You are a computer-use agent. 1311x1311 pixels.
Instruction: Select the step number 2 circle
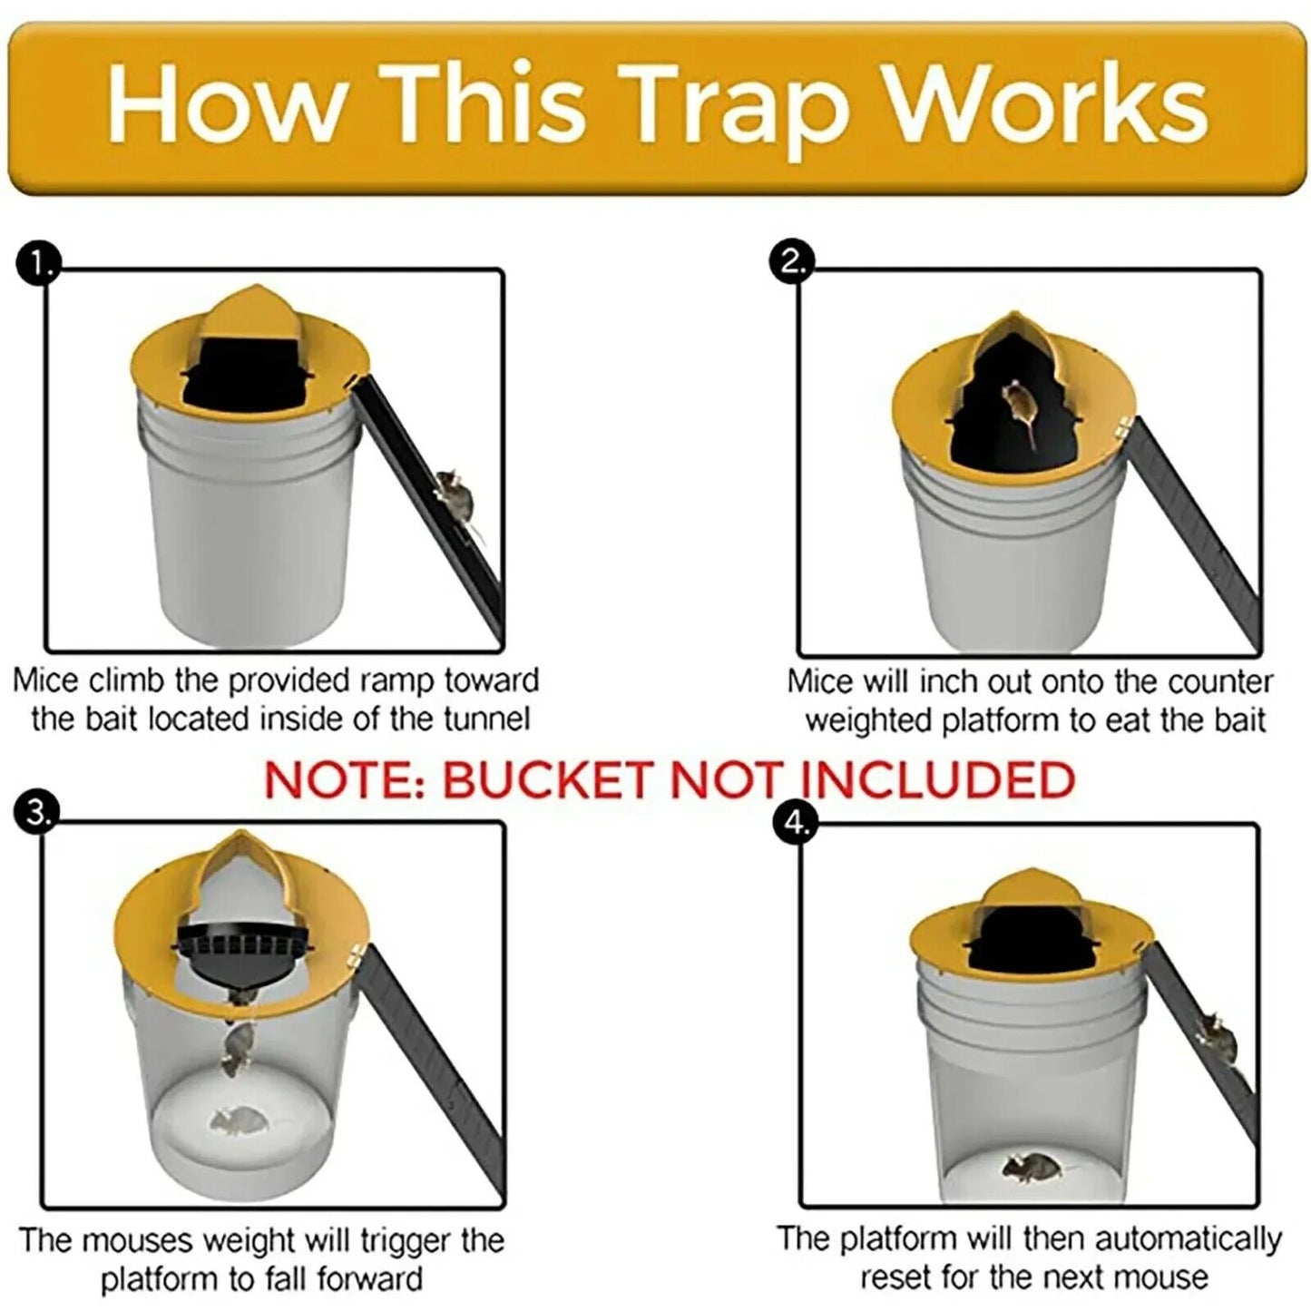coord(791,262)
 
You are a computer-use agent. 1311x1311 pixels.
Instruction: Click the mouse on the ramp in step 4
coord(1216,1038)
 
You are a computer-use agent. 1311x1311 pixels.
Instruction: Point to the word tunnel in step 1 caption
coord(486,719)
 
